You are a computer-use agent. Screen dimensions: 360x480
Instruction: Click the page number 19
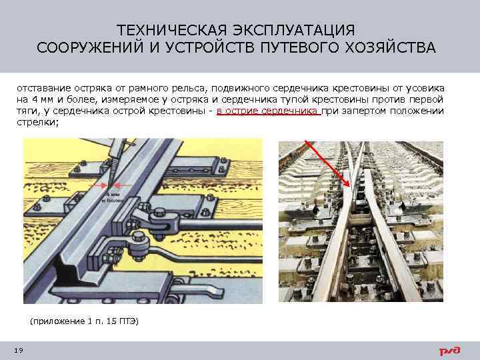(x=17, y=351)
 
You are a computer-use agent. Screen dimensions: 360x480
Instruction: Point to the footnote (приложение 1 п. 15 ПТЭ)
(x=85, y=321)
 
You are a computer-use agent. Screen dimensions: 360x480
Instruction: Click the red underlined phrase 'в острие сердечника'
(x=268, y=111)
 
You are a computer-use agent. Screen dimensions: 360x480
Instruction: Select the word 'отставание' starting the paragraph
(x=39, y=89)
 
